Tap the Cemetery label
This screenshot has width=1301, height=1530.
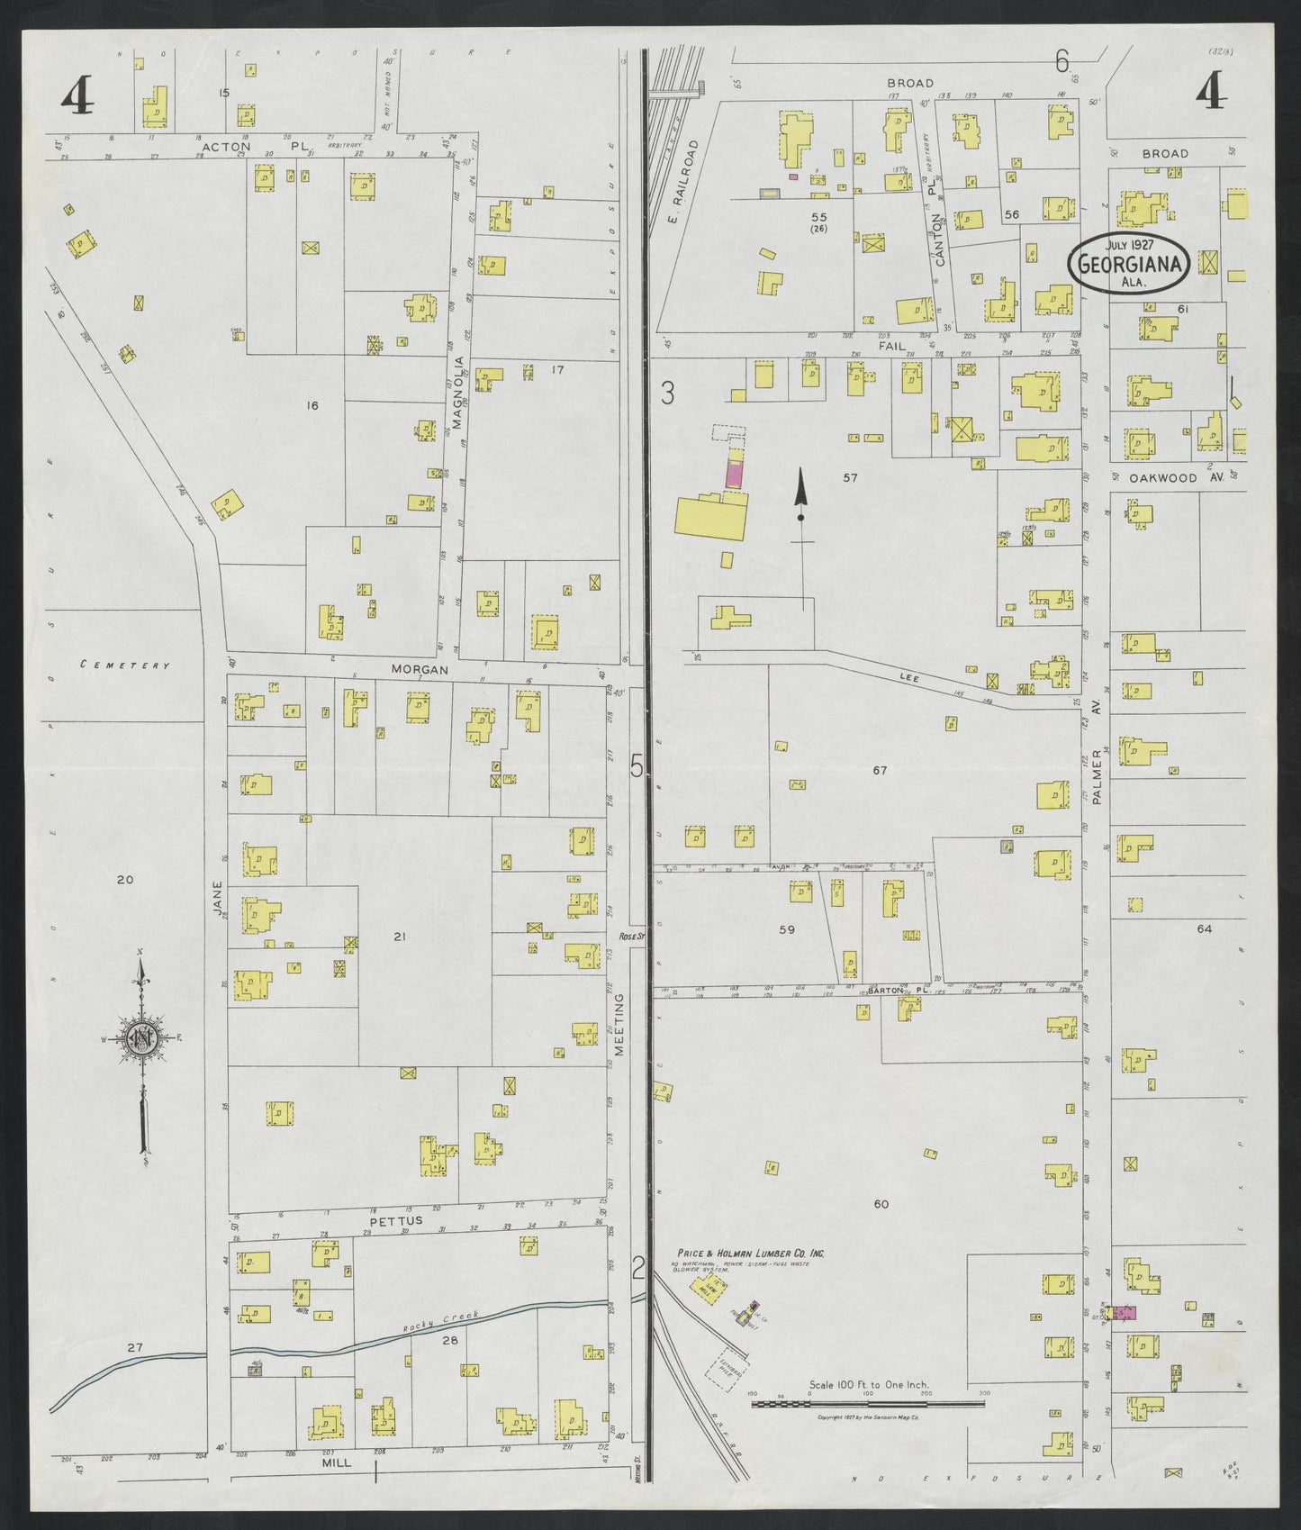[x=124, y=665]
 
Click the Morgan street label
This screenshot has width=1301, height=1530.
[x=419, y=670]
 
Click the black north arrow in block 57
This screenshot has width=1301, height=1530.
[x=799, y=496]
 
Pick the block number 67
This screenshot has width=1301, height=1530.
[x=880, y=770]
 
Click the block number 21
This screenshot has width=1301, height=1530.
[x=400, y=937]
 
